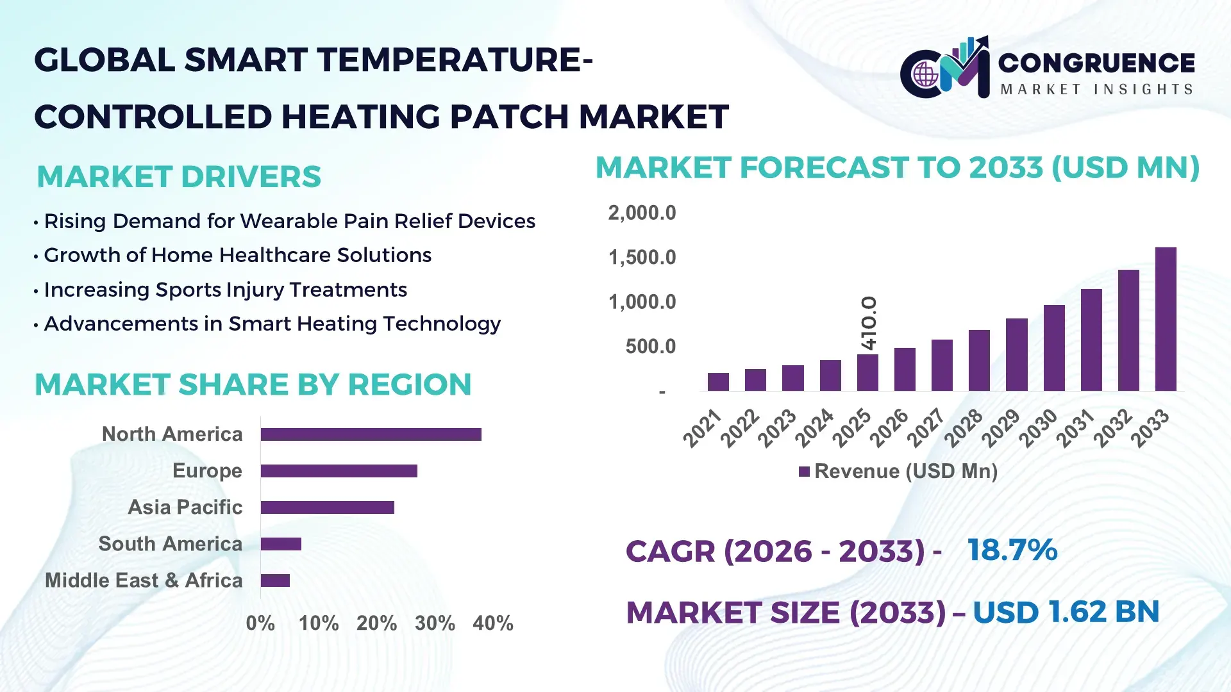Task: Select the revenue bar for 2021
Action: click(718, 382)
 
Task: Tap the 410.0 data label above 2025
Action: click(868, 323)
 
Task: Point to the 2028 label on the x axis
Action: click(963, 427)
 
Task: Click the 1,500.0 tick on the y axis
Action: click(642, 258)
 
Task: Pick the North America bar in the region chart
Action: click(371, 434)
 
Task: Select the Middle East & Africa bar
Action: click(275, 581)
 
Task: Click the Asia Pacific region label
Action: click(185, 507)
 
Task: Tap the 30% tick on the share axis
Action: click(435, 623)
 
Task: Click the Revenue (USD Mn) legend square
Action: click(804, 472)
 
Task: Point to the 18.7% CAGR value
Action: click(1012, 550)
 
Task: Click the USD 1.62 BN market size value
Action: click(1066, 612)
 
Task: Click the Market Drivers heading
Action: click(179, 177)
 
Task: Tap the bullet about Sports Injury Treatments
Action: click(225, 290)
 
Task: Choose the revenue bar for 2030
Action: click(1053, 348)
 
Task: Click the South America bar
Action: click(281, 544)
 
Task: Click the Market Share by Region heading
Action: click(253, 385)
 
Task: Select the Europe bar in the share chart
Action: click(339, 471)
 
